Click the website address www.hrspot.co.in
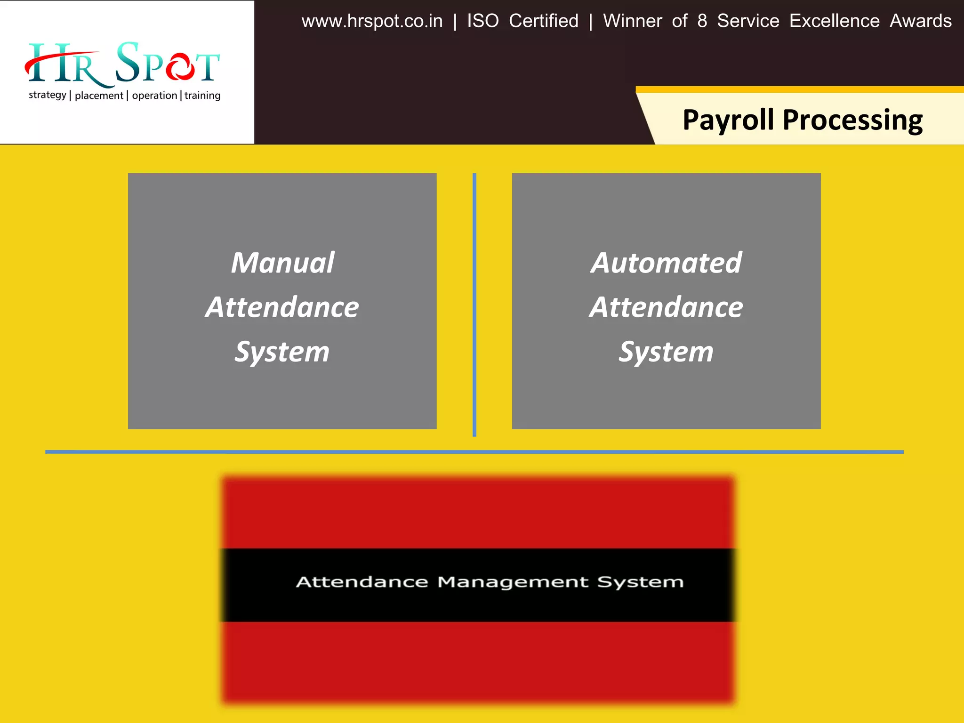(372, 21)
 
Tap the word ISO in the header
(482, 21)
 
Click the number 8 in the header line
(702, 21)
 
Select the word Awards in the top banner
(920, 21)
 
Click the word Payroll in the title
(728, 120)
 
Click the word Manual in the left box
(282, 263)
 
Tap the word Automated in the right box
(666, 263)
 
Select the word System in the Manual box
(282, 352)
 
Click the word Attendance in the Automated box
(666, 307)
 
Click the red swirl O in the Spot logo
(180, 67)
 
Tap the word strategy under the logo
(48, 95)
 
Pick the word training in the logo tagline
(202, 96)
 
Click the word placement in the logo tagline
(99, 96)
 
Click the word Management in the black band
(513, 583)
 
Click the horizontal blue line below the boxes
(474, 452)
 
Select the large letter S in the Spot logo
(127, 62)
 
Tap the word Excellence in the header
(834, 21)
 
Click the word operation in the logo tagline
(154, 96)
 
